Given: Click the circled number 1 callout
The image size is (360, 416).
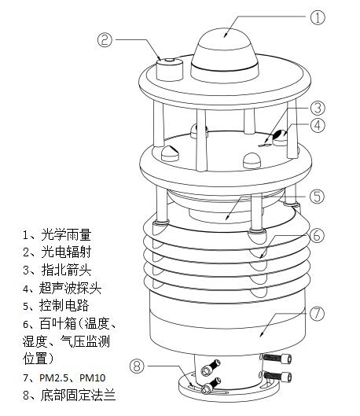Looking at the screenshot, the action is coord(318,17).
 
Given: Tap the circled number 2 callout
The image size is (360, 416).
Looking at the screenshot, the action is coord(105,40).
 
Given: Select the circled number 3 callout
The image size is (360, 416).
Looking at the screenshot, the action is coord(318,108).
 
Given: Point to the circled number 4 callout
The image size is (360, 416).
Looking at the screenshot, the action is coord(318,126).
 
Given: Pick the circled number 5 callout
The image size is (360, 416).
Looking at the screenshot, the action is coord(317,197).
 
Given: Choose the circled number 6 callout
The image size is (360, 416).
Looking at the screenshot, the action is coord(317,235).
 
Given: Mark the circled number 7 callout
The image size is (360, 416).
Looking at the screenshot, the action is coord(317,314).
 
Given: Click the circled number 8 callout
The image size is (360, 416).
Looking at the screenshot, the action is coord(137,366).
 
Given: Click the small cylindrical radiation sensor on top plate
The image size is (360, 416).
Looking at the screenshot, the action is coord(170,69).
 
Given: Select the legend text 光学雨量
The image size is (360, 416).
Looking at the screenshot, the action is coord(66,234).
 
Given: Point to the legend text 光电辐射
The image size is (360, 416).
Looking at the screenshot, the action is coord(66,252).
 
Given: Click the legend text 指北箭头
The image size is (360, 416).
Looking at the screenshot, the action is coord(66,270).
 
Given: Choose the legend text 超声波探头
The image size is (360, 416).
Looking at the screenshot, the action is coord(70,288).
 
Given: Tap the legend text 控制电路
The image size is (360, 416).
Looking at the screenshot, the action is coord(64,305).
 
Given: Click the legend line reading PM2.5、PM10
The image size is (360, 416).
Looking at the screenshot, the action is coord(64,377).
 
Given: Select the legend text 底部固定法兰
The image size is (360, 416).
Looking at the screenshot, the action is coord(78,395).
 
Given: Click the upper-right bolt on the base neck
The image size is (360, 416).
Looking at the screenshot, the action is coord(277,358).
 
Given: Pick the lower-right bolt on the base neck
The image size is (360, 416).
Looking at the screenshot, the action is coord(277,376).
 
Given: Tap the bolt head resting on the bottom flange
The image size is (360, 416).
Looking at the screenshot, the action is coord(207,389).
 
